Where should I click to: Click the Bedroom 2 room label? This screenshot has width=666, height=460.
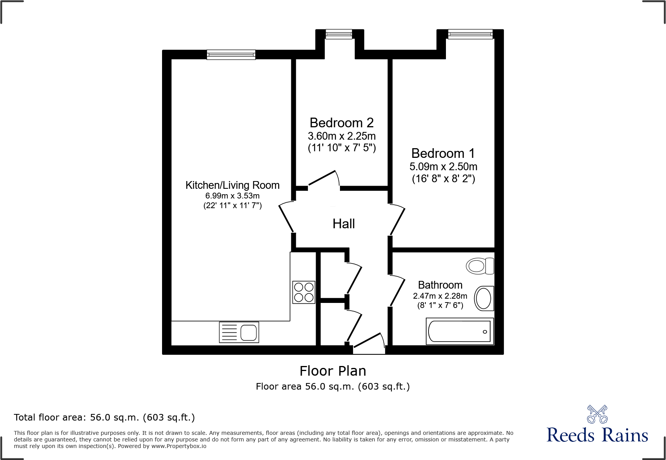click(x=342, y=123)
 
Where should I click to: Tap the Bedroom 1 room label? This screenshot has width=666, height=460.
click(x=443, y=153)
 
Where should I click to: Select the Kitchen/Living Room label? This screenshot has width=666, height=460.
click(x=232, y=185)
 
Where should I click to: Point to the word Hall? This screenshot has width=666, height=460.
click(x=343, y=224)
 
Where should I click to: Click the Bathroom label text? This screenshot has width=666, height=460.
click(x=440, y=285)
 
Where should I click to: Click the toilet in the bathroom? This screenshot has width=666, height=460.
click(x=480, y=266)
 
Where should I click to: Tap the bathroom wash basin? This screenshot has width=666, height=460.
click(x=483, y=298)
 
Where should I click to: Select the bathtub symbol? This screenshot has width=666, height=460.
click(x=459, y=331)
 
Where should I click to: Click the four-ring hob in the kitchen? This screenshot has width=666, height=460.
click(x=304, y=292)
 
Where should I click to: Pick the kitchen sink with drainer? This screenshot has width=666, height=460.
click(x=239, y=332)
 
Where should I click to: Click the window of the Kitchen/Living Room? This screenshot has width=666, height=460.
click(x=231, y=55)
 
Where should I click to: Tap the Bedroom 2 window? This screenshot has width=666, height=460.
click(x=339, y=34)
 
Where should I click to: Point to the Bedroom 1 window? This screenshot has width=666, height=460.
click(x=470, y=34)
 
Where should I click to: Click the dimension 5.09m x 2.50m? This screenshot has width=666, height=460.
click(x=443, y=167)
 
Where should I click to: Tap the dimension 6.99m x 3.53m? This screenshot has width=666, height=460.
click(x=232, y=196)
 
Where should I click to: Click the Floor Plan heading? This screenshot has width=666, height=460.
click(x=333, y=371)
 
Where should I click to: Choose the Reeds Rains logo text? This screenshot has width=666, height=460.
click(x=597, y=435)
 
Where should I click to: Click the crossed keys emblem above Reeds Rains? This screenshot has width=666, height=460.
click(x=597, y=414)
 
